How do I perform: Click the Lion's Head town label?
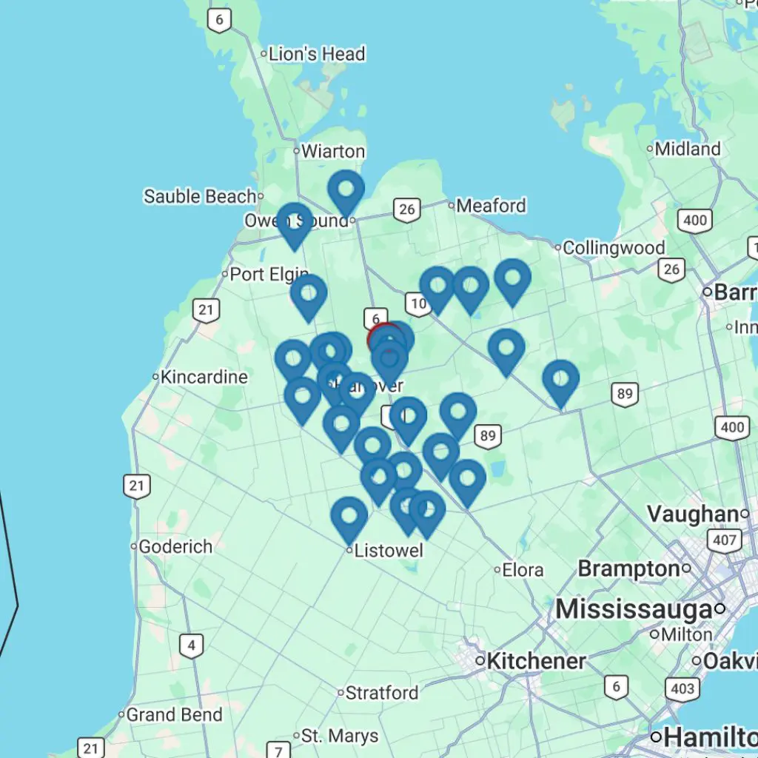pos(317,54)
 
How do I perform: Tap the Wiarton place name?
pos(333,152)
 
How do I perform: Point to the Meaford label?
pos(491,205)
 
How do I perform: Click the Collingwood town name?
pos(614,248)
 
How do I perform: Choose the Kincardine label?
pos(204,377)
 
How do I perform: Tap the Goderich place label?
pos(175,547)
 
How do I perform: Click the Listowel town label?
pos(389,551)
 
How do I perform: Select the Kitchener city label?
pos(536,661)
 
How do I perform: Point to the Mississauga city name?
pos(634,609)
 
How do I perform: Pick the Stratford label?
pos(383,693)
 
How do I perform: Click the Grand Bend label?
pos(174,715)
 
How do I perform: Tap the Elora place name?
pos(523,570)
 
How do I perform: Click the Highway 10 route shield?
pos(417,302)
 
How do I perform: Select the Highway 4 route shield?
pos(192,645)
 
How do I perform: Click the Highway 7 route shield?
pos(278,751)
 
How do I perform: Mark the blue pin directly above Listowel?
pos(349,516)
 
